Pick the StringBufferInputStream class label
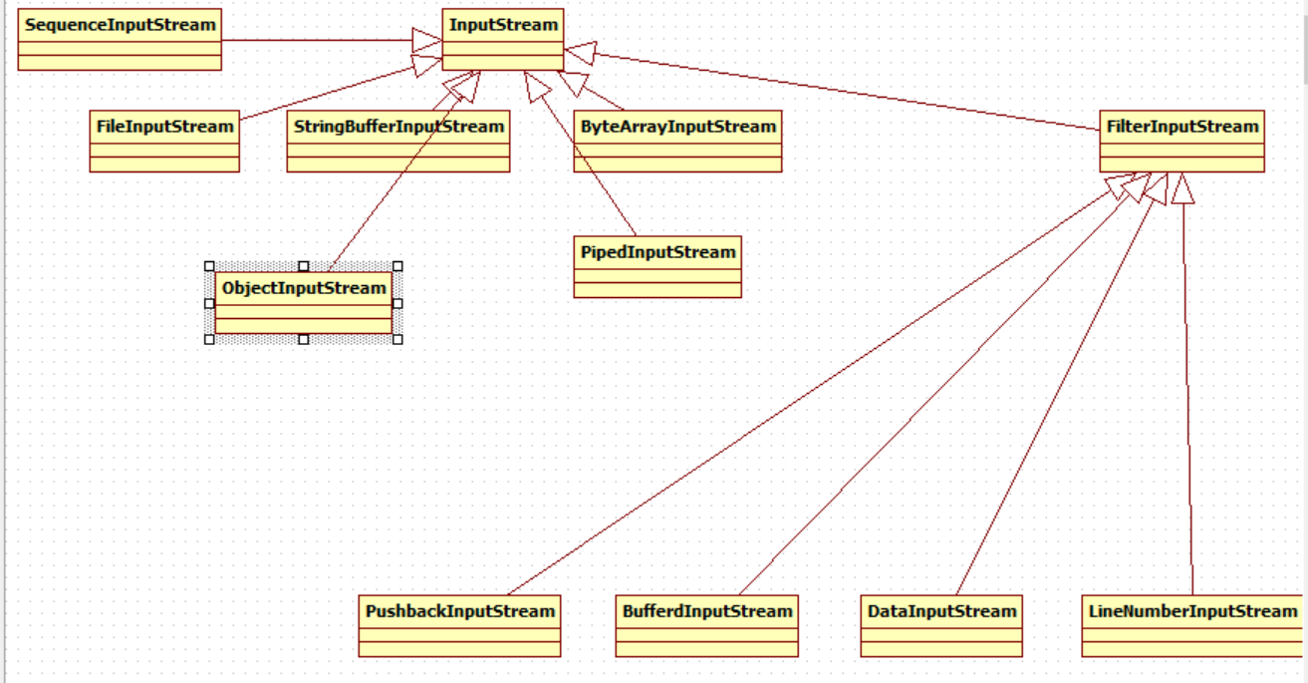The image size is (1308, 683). pos(398,127)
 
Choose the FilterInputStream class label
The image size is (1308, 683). pos(1182,127)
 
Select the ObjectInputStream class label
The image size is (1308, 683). pos(304,288)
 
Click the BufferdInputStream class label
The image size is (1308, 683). pos(706,611)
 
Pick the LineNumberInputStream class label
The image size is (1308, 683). pos(1192,611)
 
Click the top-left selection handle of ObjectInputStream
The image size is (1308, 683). pos(209,266)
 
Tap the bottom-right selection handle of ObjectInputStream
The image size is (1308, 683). pos(397,339)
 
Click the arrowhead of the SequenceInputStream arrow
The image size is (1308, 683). pos(426,40)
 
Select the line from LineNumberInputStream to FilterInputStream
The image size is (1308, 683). pos(1187,399)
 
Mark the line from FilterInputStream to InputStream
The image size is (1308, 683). pos(847,91)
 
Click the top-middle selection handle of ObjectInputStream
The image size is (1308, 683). pos(304,266)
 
